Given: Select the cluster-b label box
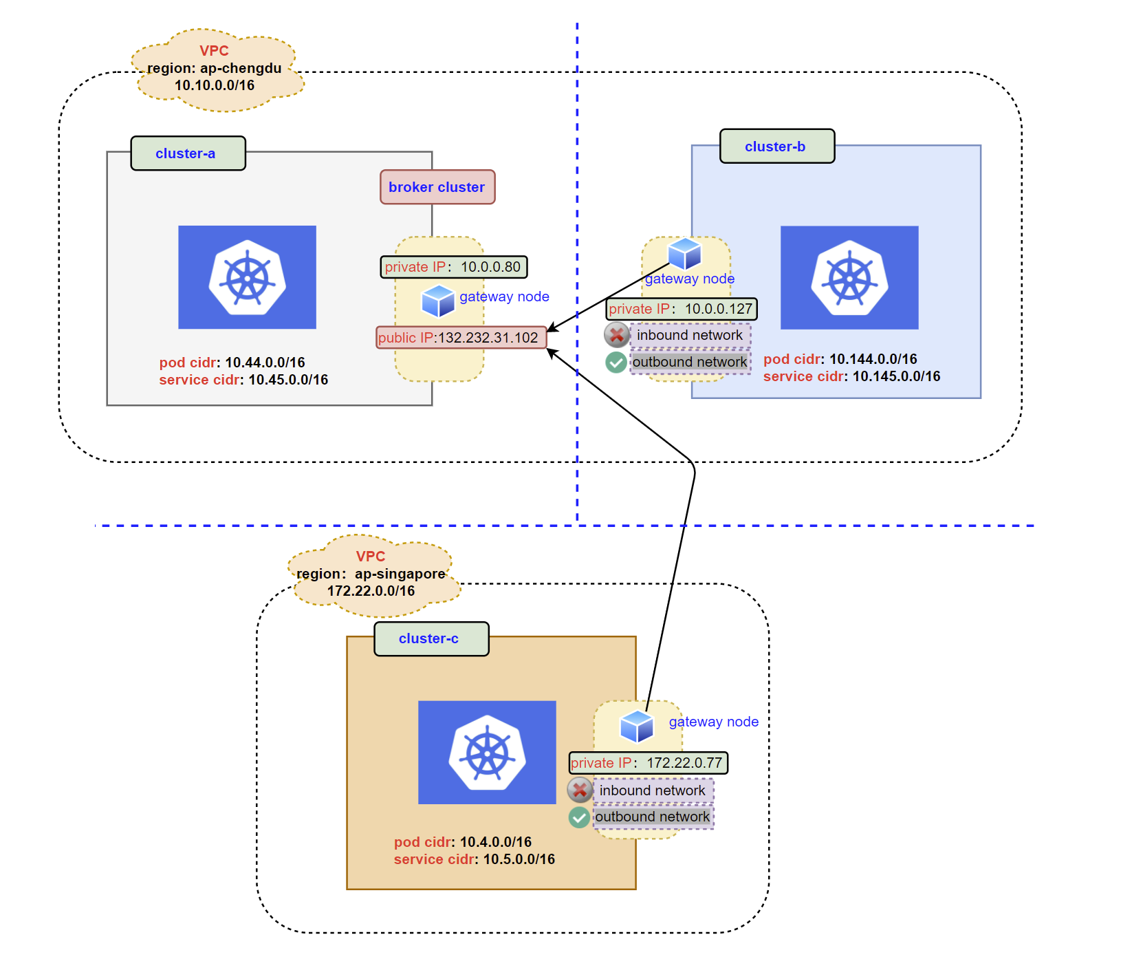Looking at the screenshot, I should coord(776,147).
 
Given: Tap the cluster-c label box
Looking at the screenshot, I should coord(431,639).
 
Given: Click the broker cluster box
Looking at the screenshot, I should coord(437,187).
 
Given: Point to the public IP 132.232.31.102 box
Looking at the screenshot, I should coord(460,338).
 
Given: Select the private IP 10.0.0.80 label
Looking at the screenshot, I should coord(453,267).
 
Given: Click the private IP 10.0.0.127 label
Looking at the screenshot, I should coord(681,309).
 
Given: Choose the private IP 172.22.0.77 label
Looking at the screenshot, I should coord(647,763).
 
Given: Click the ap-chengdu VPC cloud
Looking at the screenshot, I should coord(215,69).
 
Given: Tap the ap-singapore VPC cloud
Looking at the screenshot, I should coord(371,575).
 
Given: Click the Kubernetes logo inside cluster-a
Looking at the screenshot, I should coord(247,277).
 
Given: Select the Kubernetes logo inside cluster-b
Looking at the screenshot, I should coord(849,277).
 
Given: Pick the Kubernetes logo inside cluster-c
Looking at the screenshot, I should coord(487,753).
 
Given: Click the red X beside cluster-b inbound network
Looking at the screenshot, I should coord(617,335).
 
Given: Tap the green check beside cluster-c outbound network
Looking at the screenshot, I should coord(579,817).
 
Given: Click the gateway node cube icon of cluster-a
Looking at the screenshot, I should coord(438,301).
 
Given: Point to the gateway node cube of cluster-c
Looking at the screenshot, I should coord(636,726).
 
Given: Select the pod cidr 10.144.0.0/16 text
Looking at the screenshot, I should coord(840,359).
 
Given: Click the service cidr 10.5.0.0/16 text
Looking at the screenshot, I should coord(474,859).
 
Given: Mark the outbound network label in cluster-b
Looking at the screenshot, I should coord(690,362).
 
